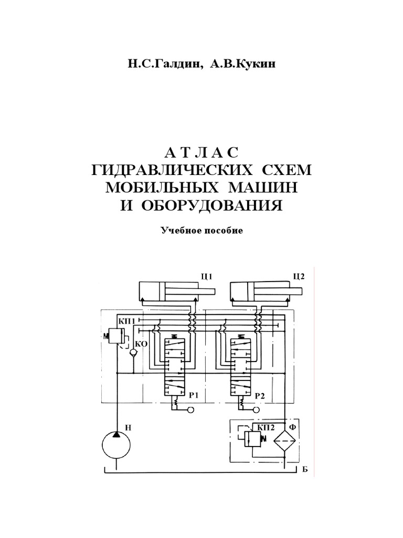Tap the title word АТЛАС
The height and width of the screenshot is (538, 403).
(201, 153)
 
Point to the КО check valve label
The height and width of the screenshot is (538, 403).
(141, 345)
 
